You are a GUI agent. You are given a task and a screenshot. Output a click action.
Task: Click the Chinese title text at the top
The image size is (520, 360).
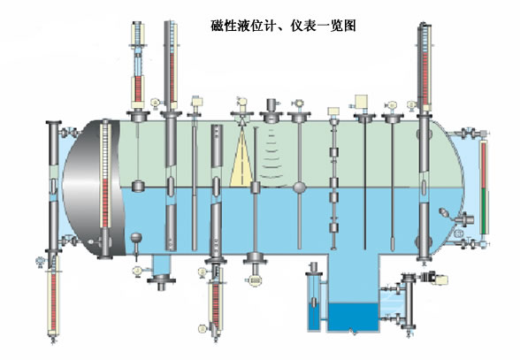tap(284, 26)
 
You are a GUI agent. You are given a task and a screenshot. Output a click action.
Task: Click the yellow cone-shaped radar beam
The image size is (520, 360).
tap(241, 159)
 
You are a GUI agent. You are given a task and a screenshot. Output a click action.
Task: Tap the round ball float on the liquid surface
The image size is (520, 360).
tap(300, 188)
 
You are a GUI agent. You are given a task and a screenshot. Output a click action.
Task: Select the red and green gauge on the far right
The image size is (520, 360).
tap(485, 188)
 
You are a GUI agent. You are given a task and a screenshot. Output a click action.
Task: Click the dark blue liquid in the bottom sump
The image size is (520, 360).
tap(353, 317)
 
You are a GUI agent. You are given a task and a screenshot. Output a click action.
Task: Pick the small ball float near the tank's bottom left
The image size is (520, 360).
tap(136, 238)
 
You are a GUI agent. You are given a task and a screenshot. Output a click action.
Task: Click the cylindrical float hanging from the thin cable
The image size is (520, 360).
tap(138, 186)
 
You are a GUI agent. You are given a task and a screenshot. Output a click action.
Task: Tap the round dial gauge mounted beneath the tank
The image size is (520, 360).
tap(256, 280)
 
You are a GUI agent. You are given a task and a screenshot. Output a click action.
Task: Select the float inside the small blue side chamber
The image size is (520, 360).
tap(315, 303)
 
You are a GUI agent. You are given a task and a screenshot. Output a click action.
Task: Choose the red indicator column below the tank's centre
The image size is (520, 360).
tap(215, 305)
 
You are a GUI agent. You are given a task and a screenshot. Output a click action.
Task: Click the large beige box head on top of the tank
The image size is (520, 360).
tap(361, 101)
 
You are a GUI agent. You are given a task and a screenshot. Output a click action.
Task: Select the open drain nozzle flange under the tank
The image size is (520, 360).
tap(161, 281)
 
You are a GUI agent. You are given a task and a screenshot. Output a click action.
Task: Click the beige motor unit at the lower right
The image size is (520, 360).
tap(441, 280)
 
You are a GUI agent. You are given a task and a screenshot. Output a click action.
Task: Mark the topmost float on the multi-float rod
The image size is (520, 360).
tap(333, 153)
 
